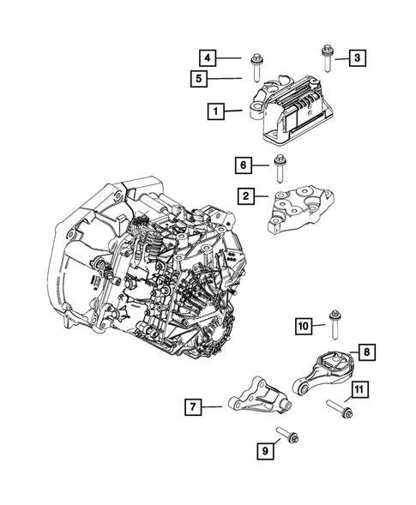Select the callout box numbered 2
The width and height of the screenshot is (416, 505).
246,197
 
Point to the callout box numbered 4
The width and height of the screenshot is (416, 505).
207,57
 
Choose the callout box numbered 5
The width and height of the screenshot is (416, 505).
199,80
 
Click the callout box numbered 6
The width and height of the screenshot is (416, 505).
243,163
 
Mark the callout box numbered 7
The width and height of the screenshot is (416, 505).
195,406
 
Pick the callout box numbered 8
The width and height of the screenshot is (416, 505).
365,352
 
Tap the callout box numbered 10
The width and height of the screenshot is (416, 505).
304,325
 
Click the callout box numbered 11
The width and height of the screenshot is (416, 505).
360,391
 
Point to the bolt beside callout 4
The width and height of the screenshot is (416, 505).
256,66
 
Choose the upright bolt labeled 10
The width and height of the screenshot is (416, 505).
332,328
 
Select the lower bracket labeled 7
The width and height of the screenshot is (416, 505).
256,402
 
